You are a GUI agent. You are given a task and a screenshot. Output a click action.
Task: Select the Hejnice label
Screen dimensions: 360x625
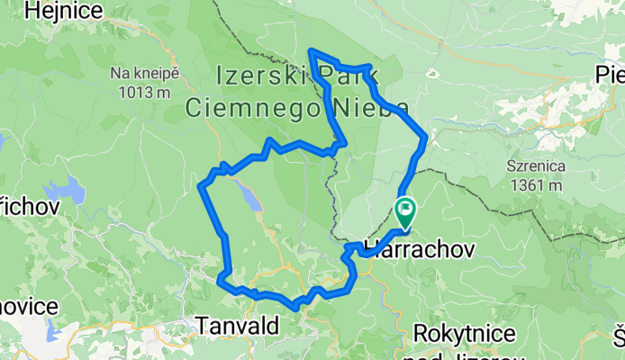coord(59,11)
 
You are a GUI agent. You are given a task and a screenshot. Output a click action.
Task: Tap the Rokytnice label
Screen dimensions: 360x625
coord(465,334)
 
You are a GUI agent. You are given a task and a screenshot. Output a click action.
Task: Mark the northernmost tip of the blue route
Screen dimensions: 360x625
coord(311,50)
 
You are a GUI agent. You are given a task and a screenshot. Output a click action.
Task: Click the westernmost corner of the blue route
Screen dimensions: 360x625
coord(199,185)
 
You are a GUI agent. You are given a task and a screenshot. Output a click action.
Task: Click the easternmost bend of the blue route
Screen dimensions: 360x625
coord(425,137)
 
